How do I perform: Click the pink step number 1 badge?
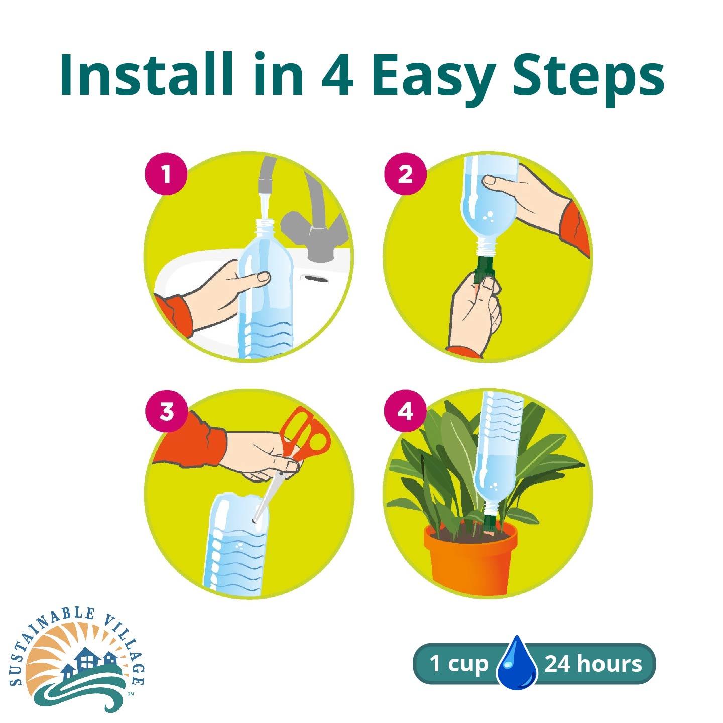point(166,174)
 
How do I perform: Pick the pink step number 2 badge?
point(405,174)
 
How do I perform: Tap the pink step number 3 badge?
point(166,412)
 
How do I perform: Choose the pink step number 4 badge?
point(405,412)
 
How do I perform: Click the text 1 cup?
point(458,664)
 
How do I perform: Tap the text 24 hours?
point(593,664)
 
